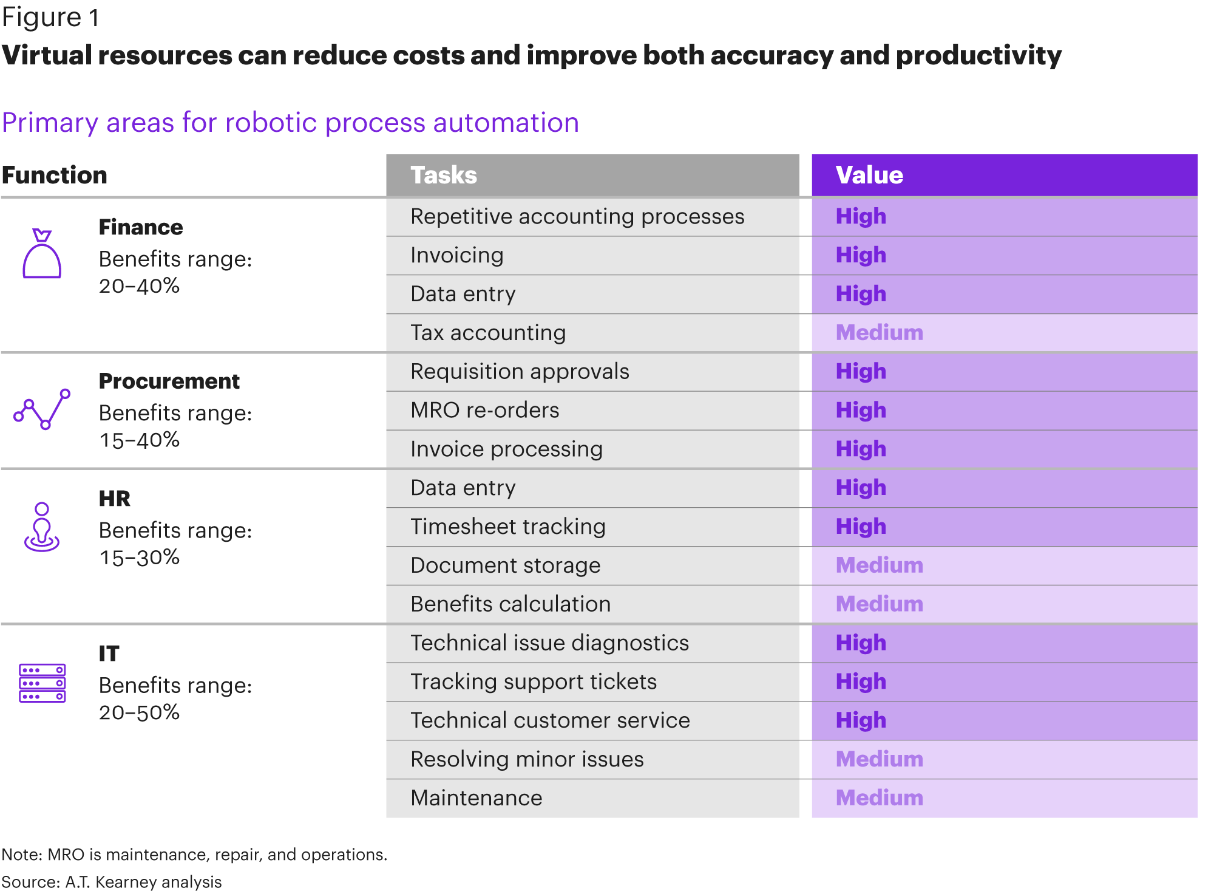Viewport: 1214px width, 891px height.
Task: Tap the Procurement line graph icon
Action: tap(42, 409)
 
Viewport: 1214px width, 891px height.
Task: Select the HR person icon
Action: tap(42, 527)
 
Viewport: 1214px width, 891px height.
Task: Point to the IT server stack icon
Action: tap(42, 683)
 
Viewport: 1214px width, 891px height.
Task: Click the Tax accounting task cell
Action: tap(592, 333)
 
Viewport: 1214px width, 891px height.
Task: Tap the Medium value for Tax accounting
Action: tap(879, 333)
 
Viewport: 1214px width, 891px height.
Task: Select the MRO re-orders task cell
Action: tap(592, 411)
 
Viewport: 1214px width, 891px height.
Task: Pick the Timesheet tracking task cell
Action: tap(592, 527)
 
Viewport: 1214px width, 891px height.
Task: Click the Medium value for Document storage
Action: tap(879, 565)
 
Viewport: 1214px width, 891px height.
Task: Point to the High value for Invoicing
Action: tap(861, 256)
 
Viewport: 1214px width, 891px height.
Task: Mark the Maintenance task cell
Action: tap(592, 798)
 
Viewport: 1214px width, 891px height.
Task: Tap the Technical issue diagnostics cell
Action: tap(592, 643)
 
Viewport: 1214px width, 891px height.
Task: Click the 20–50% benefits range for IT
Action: tap(139, 712)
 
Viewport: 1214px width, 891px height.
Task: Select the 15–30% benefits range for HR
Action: tap(139, 558)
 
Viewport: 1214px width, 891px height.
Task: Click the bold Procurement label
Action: tap(169, 381)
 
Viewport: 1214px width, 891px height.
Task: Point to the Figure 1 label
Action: tap(50, 18)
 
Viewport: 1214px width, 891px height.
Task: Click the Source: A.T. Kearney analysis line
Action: tap(112, 882)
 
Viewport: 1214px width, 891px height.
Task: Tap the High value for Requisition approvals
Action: tap(861, 372)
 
